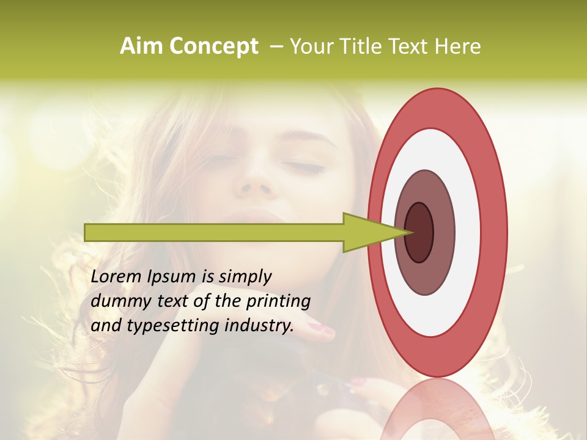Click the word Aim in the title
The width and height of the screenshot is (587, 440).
[142, 46]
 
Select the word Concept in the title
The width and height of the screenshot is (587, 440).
[213, 46]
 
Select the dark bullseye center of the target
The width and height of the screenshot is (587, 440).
[419, 232]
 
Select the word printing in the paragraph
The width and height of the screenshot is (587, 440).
[278, 302]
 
